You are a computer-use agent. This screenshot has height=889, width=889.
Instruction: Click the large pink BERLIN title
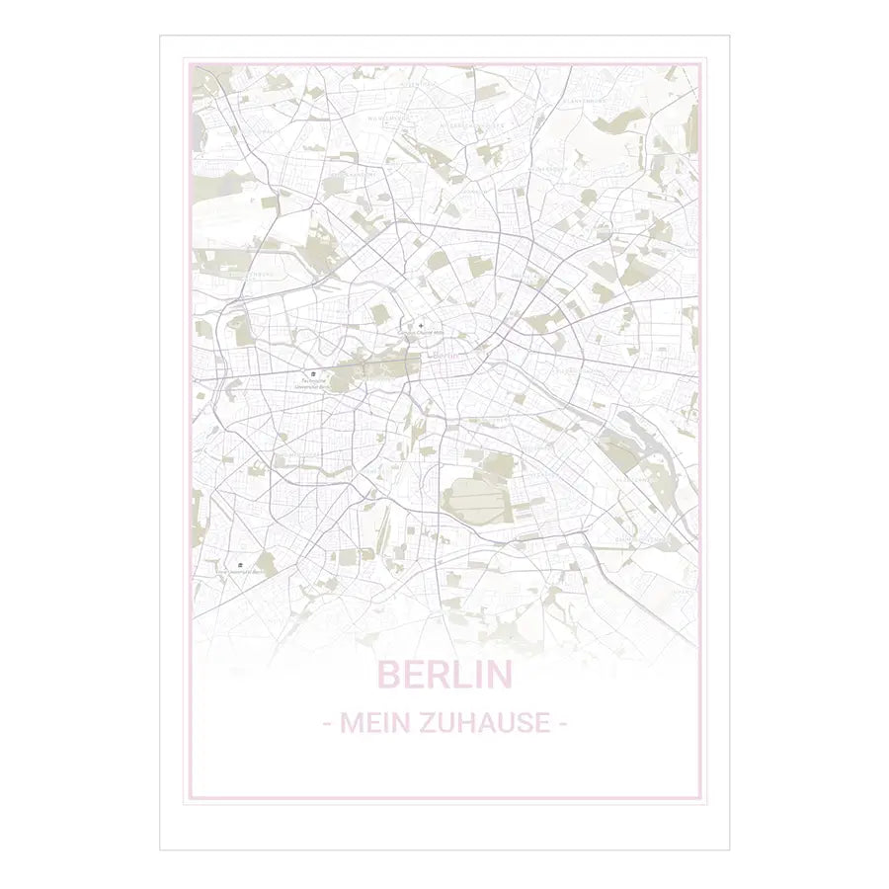click(444, 675)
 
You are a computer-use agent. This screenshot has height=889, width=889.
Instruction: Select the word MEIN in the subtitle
click(370, 723)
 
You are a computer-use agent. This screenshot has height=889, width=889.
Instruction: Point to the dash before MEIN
click(327, 724)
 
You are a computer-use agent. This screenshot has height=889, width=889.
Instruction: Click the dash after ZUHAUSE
click(562, 724)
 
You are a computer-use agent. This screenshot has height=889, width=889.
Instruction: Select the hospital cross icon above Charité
click(422, 324)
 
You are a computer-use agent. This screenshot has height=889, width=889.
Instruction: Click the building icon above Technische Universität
click(313, 372)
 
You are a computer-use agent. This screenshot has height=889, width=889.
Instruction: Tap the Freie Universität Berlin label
click(240, 571)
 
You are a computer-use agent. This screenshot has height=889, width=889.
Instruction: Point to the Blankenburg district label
click(583, 101)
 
